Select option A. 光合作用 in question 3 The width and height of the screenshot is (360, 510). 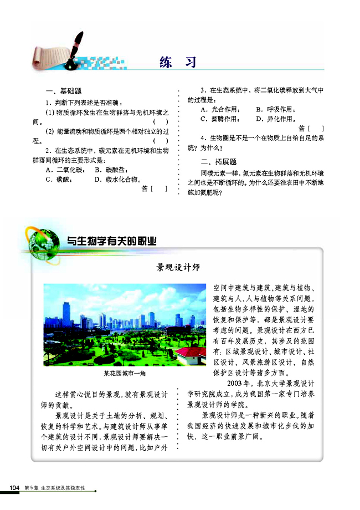(220, 109)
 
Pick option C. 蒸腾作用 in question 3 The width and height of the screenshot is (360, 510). (220, 119)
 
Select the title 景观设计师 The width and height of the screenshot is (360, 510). (178, 268)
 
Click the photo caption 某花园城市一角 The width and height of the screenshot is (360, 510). (124, 373)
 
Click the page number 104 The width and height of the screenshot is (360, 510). (14, 487)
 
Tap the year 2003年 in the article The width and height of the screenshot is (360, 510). (239, 383)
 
